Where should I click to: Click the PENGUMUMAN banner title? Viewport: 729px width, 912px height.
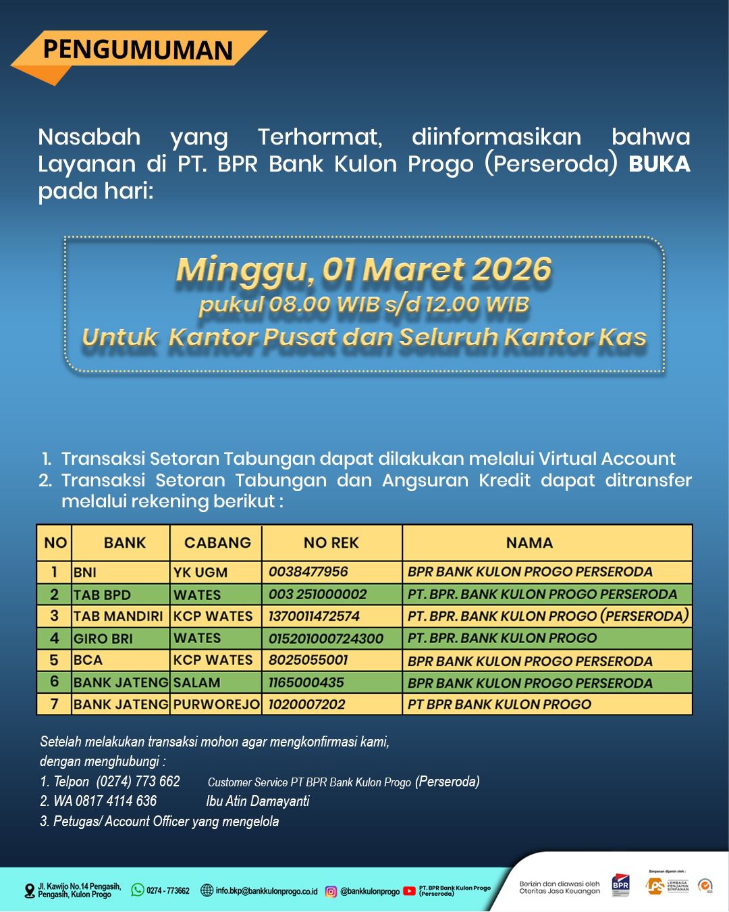tap(138, 50)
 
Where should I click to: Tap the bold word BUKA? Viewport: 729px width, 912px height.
tap(659, 164)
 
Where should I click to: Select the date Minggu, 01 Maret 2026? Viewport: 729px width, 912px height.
tap(364, 270)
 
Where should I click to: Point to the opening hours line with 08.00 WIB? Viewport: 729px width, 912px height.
tap(364, 305)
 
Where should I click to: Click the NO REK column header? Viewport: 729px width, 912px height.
tap(331, 543)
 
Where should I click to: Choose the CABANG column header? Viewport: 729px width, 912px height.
tap(217, 543)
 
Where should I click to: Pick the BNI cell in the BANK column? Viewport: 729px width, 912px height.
tap(85, 573)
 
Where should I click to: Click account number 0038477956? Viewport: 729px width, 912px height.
tap(308, 572)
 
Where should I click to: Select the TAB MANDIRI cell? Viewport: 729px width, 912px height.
tap(118, 616)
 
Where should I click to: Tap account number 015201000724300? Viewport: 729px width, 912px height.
tap(326, 638)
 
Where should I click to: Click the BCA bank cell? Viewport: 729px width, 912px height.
tap(88, 660)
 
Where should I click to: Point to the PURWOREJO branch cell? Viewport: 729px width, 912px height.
tap(216, 705)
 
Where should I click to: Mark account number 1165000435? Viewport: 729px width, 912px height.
tap(306, 682)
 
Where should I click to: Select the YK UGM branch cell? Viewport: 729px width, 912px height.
tap(200, 573)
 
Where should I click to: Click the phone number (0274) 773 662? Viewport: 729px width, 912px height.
tap(138, 782)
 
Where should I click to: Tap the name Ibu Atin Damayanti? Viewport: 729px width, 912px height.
tap(258, 801)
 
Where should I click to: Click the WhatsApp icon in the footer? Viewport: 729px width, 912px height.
tap(138, 890)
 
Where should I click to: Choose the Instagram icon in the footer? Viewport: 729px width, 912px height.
tap(331, 891)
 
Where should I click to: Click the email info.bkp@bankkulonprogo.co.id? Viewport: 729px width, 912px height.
tap(266, 891)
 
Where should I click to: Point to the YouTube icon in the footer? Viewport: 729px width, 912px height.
tap(409, 891)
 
